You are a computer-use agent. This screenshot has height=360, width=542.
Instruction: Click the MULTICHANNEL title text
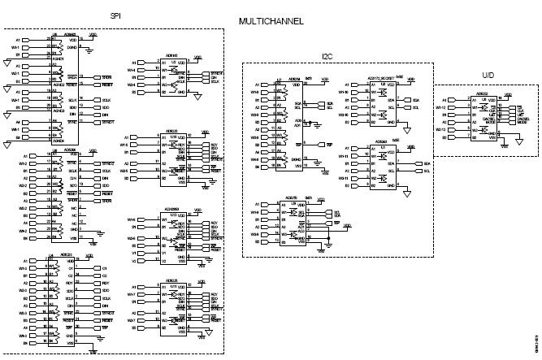[x=271, y=22]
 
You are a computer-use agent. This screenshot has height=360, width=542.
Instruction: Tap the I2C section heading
[x=327, y=55]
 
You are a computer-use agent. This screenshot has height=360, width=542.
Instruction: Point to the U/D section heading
[x=487, y=75]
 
